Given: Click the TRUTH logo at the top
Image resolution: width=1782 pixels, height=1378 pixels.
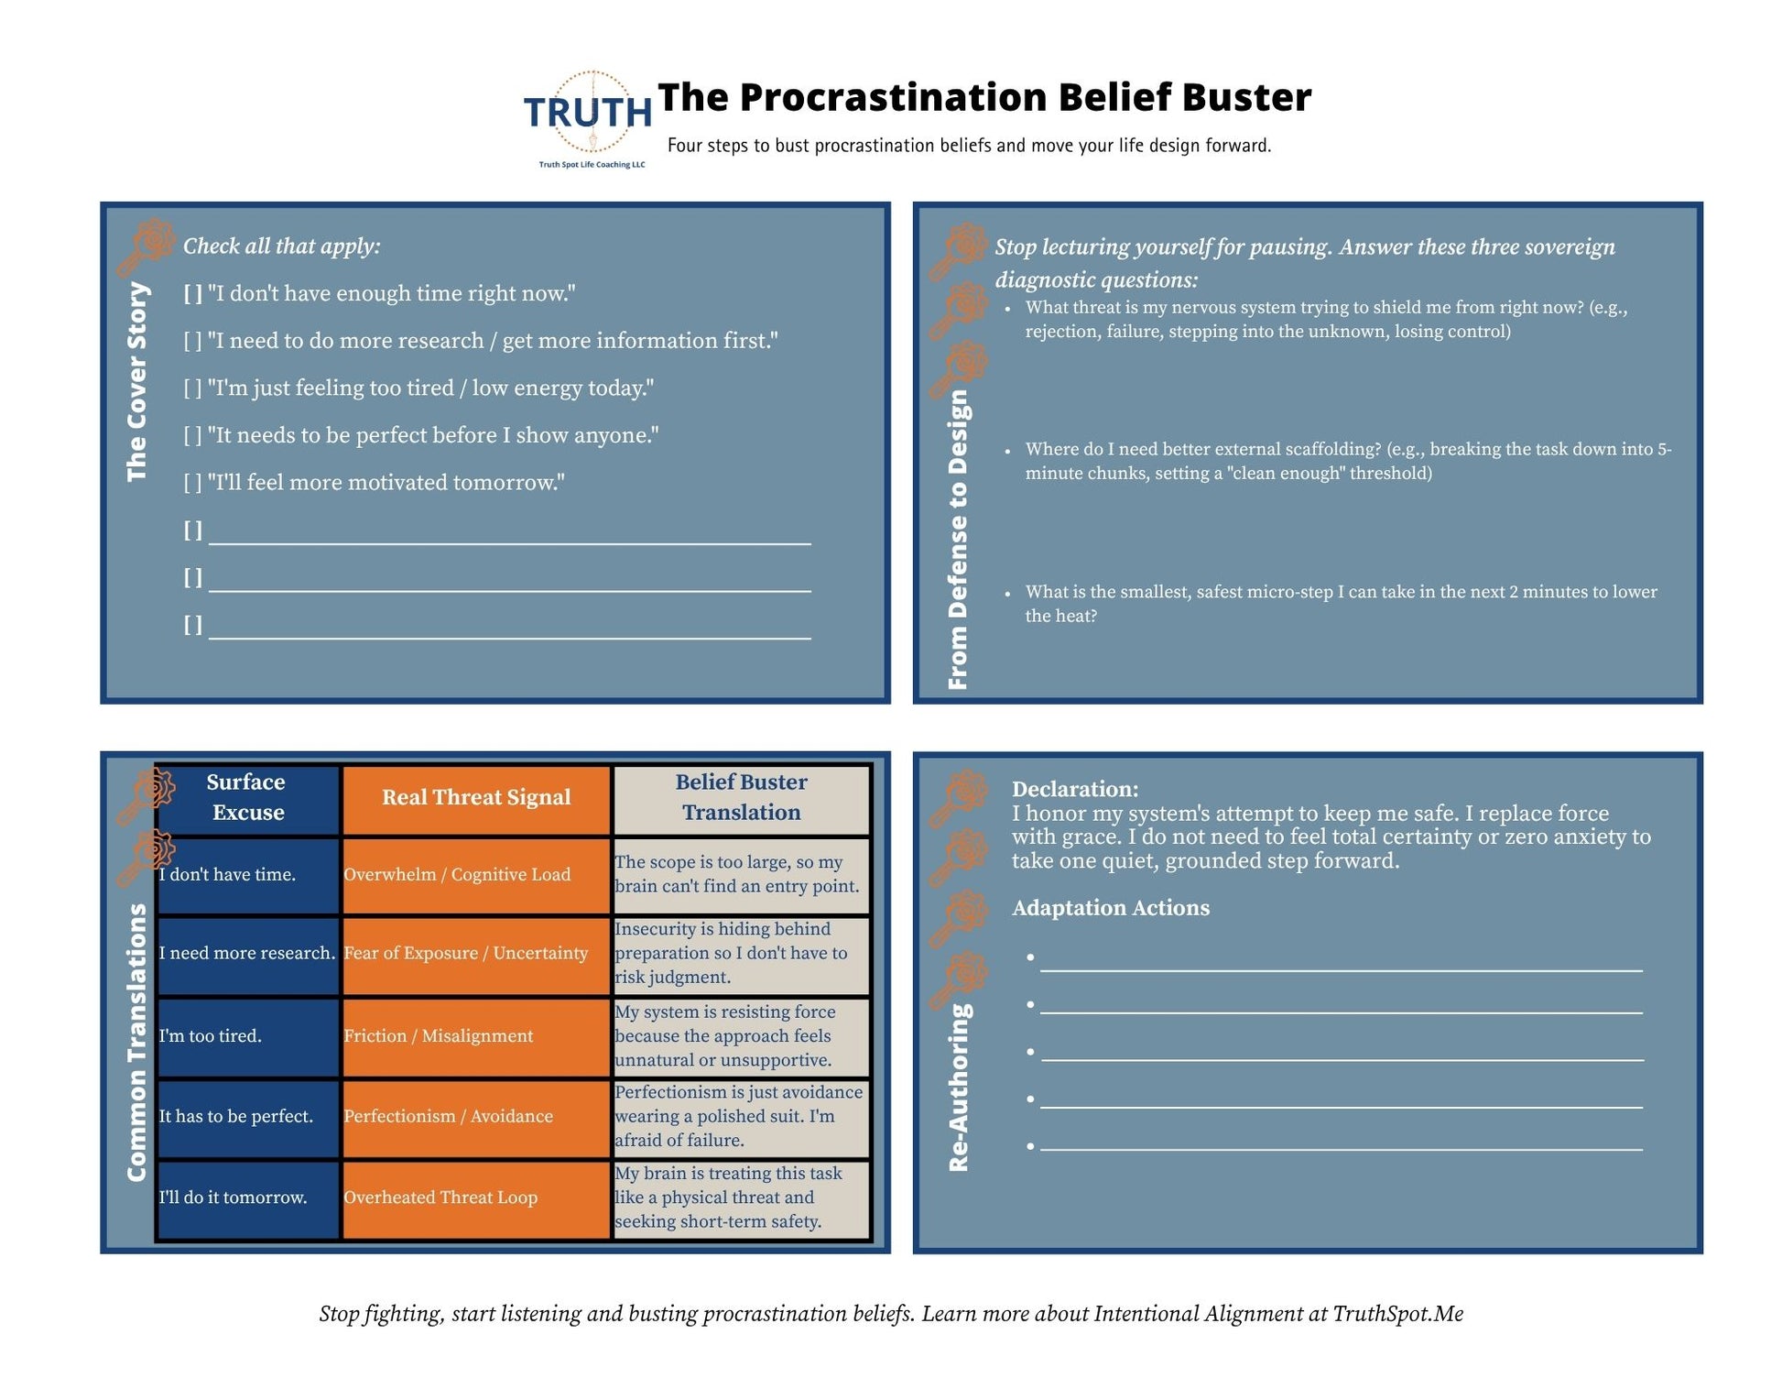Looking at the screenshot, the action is [588, 118].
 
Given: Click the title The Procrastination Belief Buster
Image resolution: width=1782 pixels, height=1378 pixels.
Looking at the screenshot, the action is [984, 97].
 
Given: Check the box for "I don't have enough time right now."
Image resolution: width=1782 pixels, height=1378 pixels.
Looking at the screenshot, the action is [192, 294].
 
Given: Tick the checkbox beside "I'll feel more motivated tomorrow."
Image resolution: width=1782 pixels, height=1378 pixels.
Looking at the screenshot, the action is [192, 483].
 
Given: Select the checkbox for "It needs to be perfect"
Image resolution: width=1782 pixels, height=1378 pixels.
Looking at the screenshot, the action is [192, 435].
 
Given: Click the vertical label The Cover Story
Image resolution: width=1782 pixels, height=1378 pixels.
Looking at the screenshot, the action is [137, 381].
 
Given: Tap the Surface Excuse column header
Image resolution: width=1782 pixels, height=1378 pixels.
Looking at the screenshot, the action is [247, 797].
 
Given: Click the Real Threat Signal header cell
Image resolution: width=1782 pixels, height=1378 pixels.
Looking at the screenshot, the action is [476, 797].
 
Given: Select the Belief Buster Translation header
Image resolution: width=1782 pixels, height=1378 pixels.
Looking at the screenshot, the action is [741, 797].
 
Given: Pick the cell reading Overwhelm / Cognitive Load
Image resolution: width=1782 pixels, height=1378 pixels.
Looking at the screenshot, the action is [476, 875].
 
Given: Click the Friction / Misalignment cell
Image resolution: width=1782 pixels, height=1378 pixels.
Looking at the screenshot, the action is [476, 1036].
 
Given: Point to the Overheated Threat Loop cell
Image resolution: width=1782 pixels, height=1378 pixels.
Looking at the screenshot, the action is [476, 1198].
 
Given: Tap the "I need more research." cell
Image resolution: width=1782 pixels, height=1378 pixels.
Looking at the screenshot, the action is [247, 954].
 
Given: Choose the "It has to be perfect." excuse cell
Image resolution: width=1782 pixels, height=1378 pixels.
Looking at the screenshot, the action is [247, 1117].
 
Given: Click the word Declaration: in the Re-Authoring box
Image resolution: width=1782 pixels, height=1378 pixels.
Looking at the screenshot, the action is [1075, 789].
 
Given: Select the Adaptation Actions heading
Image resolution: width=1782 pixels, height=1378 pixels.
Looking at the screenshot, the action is [1111, 908].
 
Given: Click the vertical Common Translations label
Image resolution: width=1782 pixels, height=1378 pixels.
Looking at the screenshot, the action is [137, 1043].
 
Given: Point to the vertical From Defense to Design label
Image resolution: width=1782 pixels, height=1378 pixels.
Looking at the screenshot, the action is [958, 540].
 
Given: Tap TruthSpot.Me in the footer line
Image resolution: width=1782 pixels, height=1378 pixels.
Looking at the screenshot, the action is [1397, 1314].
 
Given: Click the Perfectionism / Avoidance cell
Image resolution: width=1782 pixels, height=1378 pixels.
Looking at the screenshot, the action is [476, 1117].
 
